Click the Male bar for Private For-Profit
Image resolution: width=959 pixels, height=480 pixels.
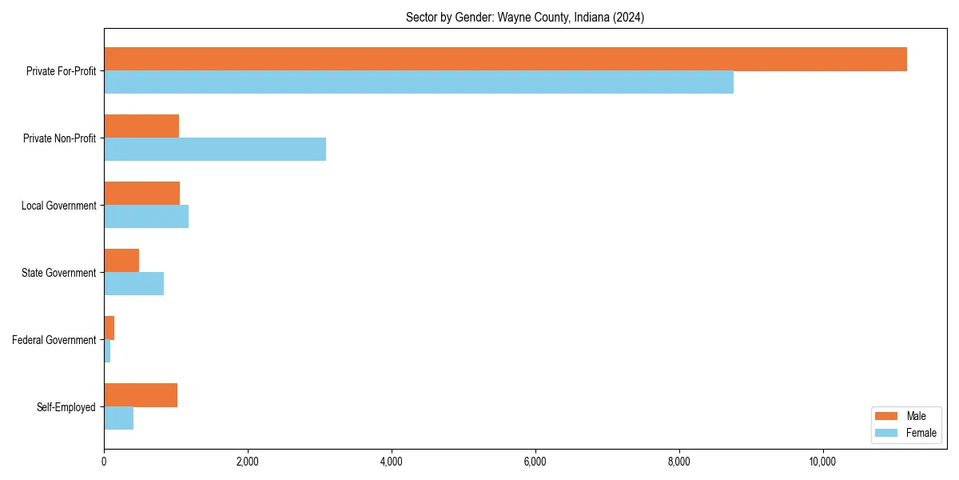(x=505, y=59)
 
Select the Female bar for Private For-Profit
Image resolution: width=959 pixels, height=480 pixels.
(x=419, y=82)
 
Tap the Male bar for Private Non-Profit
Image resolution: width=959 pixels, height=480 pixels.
(x=141, y=126)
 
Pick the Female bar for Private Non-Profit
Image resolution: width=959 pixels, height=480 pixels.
(x=215, y=150)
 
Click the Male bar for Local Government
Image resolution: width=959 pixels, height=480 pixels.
(x=142, y=194)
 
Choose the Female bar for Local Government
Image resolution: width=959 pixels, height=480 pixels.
(x=146, y=217)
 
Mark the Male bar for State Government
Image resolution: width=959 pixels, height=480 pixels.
(x=121, y=261)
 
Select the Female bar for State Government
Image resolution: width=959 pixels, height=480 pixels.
(x=134, y=284)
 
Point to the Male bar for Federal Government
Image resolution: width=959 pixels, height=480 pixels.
(x=109, y=328)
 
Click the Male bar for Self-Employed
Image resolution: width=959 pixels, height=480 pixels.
(x=141, y=395)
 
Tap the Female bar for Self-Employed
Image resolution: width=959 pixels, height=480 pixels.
(x=119, y=418)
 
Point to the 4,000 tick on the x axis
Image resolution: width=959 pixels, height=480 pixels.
(x=391, y=462)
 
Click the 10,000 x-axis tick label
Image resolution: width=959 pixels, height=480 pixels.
(x=822, y=462)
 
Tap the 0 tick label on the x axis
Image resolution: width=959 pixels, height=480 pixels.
(x=104, y=462)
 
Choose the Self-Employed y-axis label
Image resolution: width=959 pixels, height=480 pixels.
(x=66, y=407)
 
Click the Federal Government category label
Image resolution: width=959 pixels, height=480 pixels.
(x=54, y=340)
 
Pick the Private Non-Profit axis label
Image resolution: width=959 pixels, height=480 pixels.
(x=59, y=138)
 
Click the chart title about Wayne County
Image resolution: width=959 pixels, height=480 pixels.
(x=525, y=17)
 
